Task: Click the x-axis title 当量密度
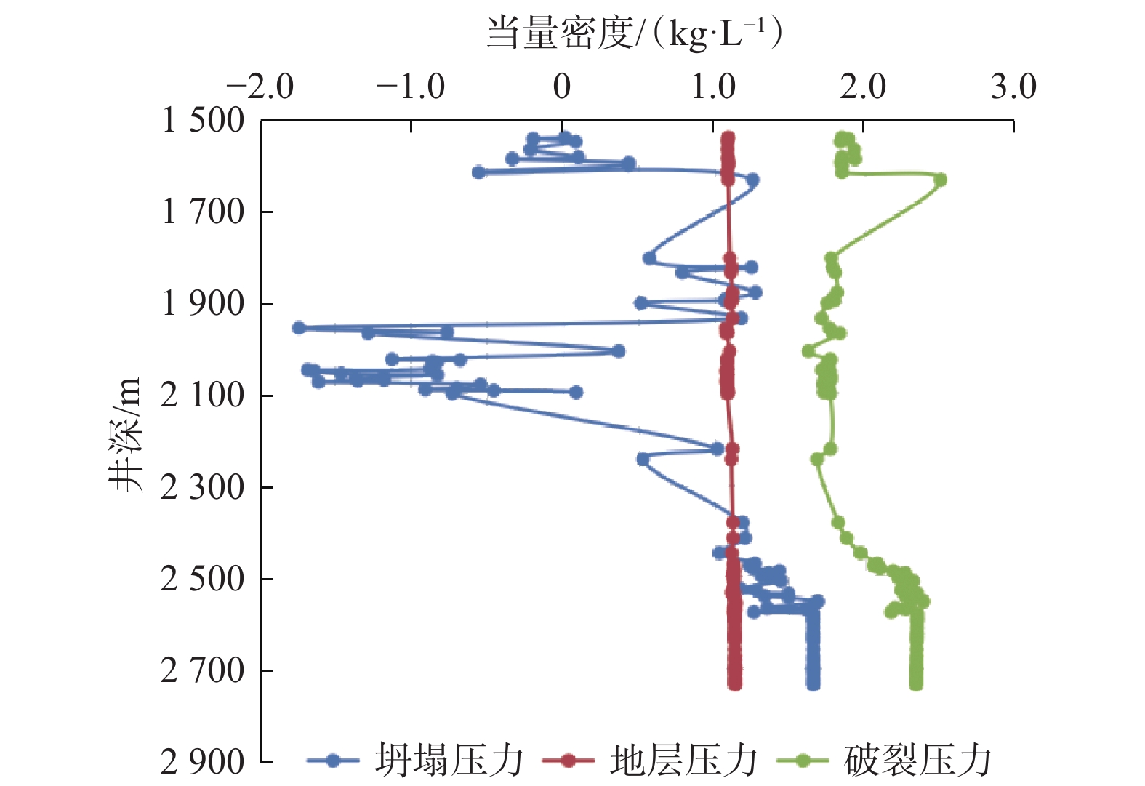pyautogui.click(x=633, y=33)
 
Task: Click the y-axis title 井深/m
pyautogui.click(x=125, y=435)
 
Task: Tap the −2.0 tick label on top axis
pyautogui.click(x=260, y=88)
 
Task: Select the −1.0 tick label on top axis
pyautogui.click(x=411, y=88)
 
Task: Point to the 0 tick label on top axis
pyautogui.click(x=561, y=88)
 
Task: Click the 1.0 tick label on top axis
pyautogui.click(x=712, y=88)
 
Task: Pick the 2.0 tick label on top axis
pyautogui.click(x=863, y=88)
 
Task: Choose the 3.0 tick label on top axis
pyautogui.click(x=1013, y=88)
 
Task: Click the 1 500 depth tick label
pyautogui.click(x=203, y=121)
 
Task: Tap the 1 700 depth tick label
pyautogui.click(x=203, y=212)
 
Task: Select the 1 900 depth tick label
pyautogui.click(x=203, y=304)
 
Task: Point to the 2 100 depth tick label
pyautogui.click(x=203, y=396)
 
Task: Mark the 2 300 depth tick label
pyautogui.click(x=203, y=487)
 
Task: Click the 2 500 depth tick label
pyautogui.click(x=203, y=579)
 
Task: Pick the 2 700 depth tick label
pyautogui.click(x=203, y=670)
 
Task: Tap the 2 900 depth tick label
pyautogui.click(x=203, y=762)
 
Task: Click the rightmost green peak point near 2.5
pyautogui.click(x=940, y=180)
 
